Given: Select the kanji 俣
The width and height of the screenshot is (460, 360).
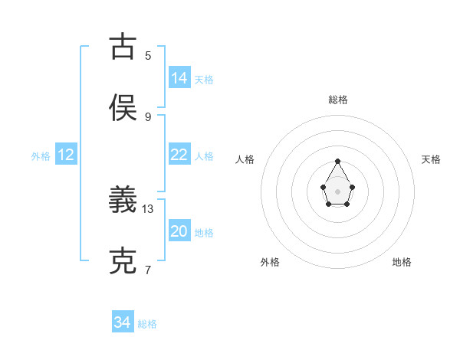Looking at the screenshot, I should pyautogui.click(x=123, y=107).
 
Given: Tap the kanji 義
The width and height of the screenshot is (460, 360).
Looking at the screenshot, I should pyautogui.click(x=123, y=201).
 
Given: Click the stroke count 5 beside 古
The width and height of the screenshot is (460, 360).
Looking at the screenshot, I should pyautogui.click(x=148, y=55).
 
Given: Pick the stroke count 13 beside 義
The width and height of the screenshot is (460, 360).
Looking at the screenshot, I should pyautogui.click(x=148, y=208).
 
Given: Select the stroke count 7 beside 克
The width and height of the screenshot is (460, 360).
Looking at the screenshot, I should pyautogui.click(x=148, y=270).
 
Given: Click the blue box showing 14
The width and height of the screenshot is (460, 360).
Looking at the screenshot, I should pyautogui.click(x=179, y=78).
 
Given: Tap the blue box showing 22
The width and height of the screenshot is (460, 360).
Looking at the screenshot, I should pyautogui.click(x=179, y=155).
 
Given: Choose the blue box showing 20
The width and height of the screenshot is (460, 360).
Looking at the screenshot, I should pyautogui.click(x=179, y=231).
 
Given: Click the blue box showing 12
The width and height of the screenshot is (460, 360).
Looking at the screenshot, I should pyautogui.click(x=66, y=155).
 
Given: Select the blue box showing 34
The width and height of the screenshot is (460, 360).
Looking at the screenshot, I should pyautogui.click(x=122, y=323).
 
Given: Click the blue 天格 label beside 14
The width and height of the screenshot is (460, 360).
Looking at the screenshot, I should pyautogui.click(x=204, y=79).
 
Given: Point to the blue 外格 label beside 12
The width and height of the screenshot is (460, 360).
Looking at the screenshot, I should pyautogui.click(x=41, y=155).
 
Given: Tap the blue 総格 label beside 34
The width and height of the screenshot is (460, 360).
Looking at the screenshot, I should pyautogui.click(x=147, y=324).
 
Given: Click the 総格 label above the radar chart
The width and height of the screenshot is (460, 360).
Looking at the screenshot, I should pyautogui.click(x=338, y=100).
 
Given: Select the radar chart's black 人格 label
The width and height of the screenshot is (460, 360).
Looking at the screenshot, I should pyautogui.click(x=245, y=159).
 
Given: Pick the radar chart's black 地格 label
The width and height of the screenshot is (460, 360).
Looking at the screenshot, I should pyautogui.click(x=402, y=262).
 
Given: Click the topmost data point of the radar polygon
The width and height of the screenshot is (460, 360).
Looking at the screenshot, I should pyautogui.click(x=337, y=161).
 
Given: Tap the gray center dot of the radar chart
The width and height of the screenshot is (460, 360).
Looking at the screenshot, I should pyautogui.click(x=337, y=191).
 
